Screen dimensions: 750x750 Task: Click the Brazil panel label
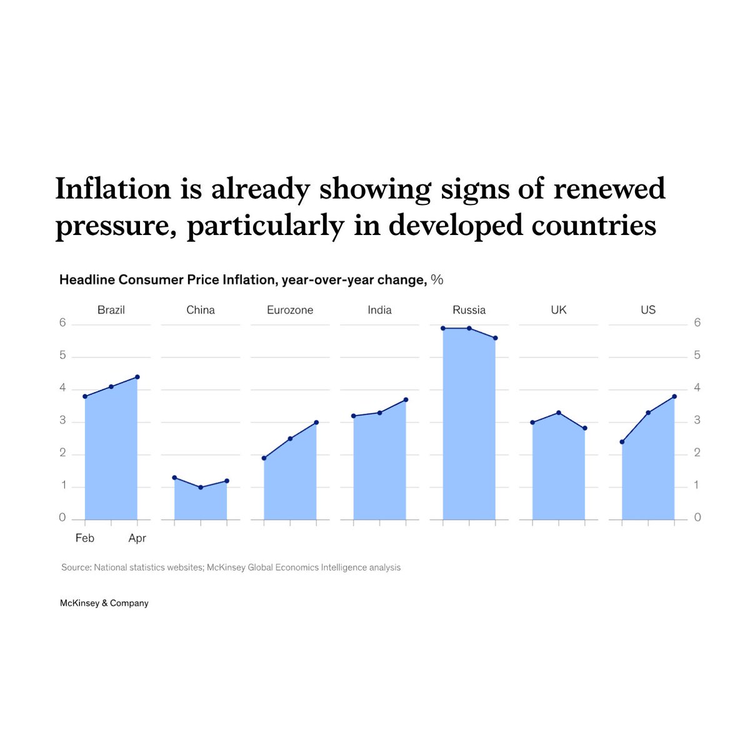click(111, 310)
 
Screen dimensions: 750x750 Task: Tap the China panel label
click(201, 310)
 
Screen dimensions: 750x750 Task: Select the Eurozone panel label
click(290, 310)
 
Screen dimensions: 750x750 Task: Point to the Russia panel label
click(469, 310)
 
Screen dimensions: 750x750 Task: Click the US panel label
click(648, 310)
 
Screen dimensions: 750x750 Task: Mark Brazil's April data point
click(137, 377)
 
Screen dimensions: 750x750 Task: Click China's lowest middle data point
click(201, 487)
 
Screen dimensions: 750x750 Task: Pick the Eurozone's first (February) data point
click(264, 458)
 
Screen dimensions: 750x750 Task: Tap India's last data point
click(406, 400)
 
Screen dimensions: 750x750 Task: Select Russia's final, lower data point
click(496, 338)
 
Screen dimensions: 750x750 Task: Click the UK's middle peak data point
click(559, 412)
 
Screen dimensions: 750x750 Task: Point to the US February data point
click(622, 442)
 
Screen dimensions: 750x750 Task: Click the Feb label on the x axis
click(85, 538)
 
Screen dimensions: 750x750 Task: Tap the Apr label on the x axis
click(137, 538)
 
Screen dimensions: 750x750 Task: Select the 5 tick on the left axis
click(62, 356)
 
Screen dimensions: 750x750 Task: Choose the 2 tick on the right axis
click(697, 452)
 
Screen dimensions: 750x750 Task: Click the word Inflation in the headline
click(113, 189)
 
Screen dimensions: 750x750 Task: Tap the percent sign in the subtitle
click(437, 279)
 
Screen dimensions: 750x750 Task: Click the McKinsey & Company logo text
click(104, 603)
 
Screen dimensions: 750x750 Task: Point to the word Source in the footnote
click(76, 567)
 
